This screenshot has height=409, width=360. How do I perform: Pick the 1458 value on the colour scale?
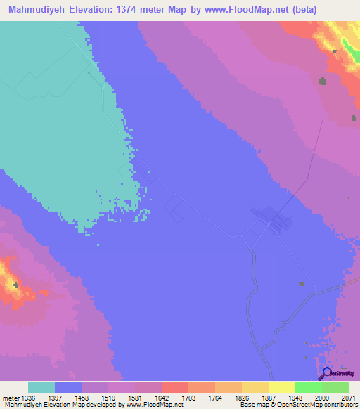click(x=82, y=398)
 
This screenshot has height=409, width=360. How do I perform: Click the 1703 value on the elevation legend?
click(x=188, y=398)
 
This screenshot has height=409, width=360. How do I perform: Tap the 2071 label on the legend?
click(x=349, y=398)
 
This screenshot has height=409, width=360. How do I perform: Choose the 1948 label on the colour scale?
click(x=295, y=398)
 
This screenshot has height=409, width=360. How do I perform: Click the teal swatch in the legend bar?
click(x=41, y=387)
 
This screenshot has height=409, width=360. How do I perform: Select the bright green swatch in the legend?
click(x=308, y=387)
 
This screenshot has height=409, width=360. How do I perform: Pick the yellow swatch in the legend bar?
click(x=281, y=387)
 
